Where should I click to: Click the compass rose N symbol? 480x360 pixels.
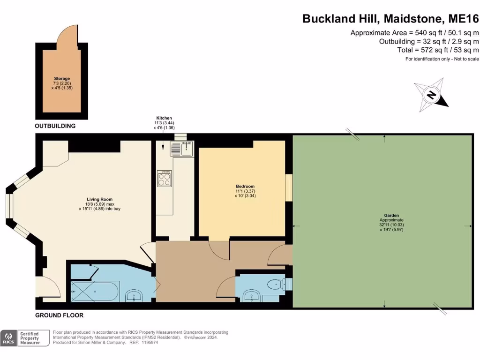tap(431, 95)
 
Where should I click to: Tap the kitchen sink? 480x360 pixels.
tap(180, 149)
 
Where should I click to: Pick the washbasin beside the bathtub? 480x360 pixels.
tap(135, 296)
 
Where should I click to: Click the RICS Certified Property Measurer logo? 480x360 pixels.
tap(25, 337)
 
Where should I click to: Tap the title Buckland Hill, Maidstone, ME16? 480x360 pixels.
tap(390, 19)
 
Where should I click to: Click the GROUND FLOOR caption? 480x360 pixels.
tap(60, 315)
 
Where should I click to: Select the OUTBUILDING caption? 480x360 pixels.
tap(55, 126)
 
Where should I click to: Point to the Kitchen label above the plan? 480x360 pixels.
tap(164, 118)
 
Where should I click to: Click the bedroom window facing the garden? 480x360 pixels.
tap(289, 187)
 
